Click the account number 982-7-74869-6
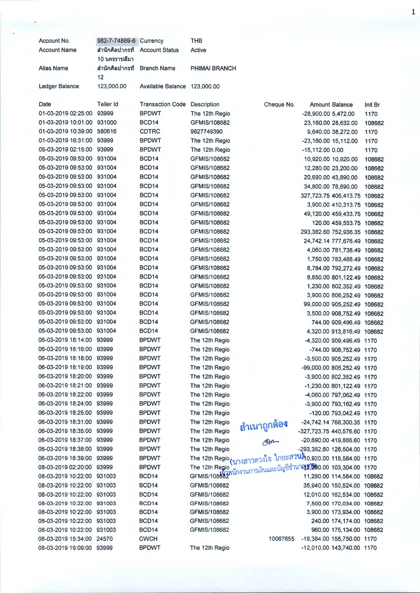pos(116,41)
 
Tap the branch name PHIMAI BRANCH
pos(213,68)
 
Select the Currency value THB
pos(196,41)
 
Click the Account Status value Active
pos(198,50)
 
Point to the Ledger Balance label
pos(59,86)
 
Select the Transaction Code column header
pos(162,104)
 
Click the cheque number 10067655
pos(281,539)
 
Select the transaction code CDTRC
pos(150,131)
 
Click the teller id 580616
pos(107,131)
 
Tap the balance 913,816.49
pos(346,331)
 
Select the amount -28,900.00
pos(316,114)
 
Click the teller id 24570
pos(104,539)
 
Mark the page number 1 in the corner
pos(413,12)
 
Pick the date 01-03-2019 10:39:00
pos(65,131)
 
